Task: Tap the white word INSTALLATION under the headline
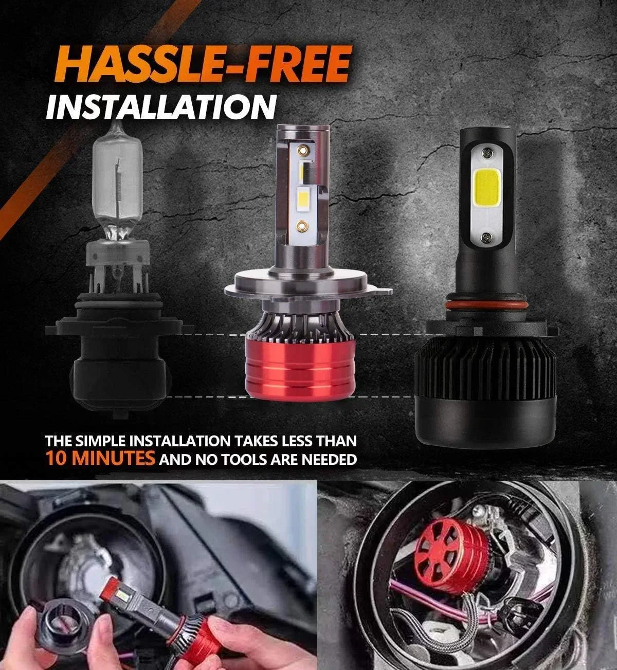[161, 106]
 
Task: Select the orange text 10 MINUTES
[101, 458]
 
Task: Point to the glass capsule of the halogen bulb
[117, 187]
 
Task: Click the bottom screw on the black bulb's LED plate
[486, 238]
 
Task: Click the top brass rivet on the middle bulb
[303, 150]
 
